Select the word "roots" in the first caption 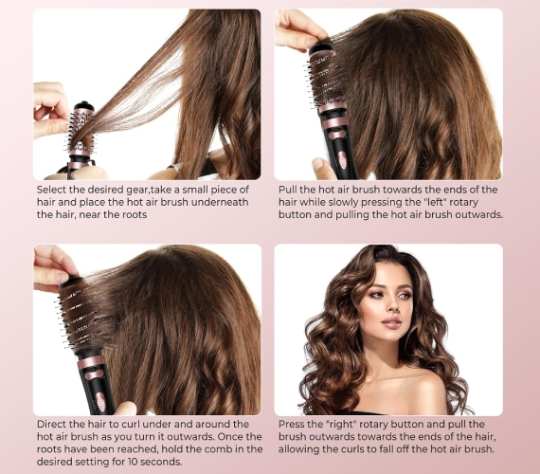(135, 215)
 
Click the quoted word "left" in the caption (434, 202)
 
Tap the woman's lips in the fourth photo (391, 323)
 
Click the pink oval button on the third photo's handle (100, 402)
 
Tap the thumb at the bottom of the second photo (323, 169)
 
